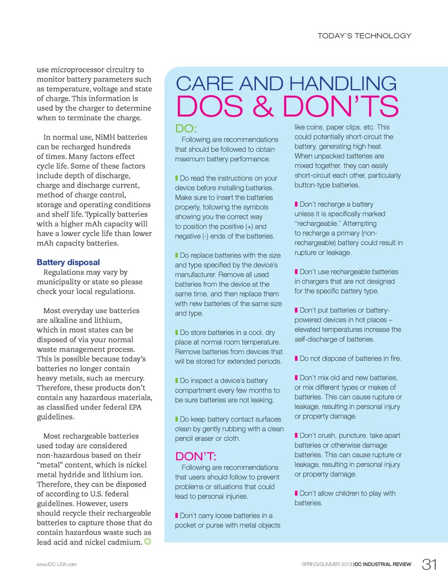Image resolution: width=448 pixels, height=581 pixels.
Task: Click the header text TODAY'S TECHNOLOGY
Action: click(364, 36)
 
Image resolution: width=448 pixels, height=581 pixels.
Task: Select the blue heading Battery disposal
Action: click(68, 262)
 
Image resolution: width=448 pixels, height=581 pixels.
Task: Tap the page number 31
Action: click(429, 564)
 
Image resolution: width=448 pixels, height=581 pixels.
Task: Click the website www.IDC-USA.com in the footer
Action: click(56, 564)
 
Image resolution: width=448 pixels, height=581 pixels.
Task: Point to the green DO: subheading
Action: click(186, 128)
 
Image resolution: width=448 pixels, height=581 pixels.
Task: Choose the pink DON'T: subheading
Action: click(196, 456)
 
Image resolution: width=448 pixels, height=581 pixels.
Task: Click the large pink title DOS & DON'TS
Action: click(287, 106)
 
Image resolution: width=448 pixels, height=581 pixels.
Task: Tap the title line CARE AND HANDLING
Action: click(286, 84)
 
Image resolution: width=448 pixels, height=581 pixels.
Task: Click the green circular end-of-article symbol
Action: click(147, 541)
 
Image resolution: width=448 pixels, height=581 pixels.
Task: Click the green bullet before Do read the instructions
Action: click(176, 178)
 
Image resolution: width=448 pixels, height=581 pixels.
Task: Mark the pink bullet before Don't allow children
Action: click(296, 493)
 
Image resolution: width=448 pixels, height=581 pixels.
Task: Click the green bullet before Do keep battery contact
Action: click(176, 419)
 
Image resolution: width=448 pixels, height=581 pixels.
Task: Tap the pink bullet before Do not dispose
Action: click(296, 358)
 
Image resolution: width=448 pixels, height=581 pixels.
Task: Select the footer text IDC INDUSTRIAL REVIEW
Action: click(382, 564)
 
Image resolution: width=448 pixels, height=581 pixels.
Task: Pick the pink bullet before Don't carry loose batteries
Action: click(176, 515)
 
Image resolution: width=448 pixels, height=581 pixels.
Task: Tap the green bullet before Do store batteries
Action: click(176, 332)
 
